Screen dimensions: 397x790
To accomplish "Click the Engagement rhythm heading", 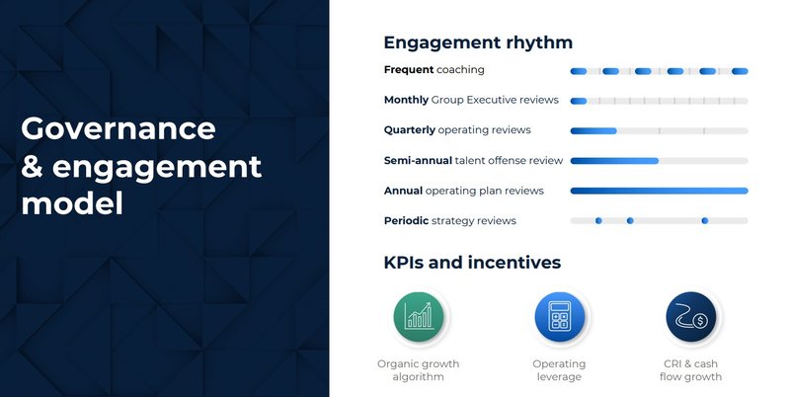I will (478, 43).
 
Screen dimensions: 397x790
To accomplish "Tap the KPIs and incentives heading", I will (472, 263).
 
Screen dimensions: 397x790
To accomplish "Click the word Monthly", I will (406, 100).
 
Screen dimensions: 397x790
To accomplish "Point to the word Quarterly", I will (409, 130).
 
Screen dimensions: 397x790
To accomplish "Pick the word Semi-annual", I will (418, 160).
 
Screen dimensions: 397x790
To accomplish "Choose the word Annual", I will (403, 191).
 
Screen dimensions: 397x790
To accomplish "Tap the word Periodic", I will (406, 220).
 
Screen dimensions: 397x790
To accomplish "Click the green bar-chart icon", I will (418, 316).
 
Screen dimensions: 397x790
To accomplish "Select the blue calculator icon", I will (559, 316).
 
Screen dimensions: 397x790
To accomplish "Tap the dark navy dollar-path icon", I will (692, 316).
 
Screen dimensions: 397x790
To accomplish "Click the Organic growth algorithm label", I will (418, 370).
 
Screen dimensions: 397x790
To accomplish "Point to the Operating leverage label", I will (559, 370).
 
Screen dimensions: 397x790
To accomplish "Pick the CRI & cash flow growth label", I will (692, 370).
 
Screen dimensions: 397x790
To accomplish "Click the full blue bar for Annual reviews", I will (659, 191).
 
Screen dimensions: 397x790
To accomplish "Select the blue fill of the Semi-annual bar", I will (614, 160).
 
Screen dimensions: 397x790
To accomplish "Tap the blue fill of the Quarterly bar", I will (593, 130).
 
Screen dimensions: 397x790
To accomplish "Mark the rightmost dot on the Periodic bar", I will (704, 220).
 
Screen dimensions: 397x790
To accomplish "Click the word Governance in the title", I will (118, 128).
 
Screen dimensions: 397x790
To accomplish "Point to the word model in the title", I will (72, 204).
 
